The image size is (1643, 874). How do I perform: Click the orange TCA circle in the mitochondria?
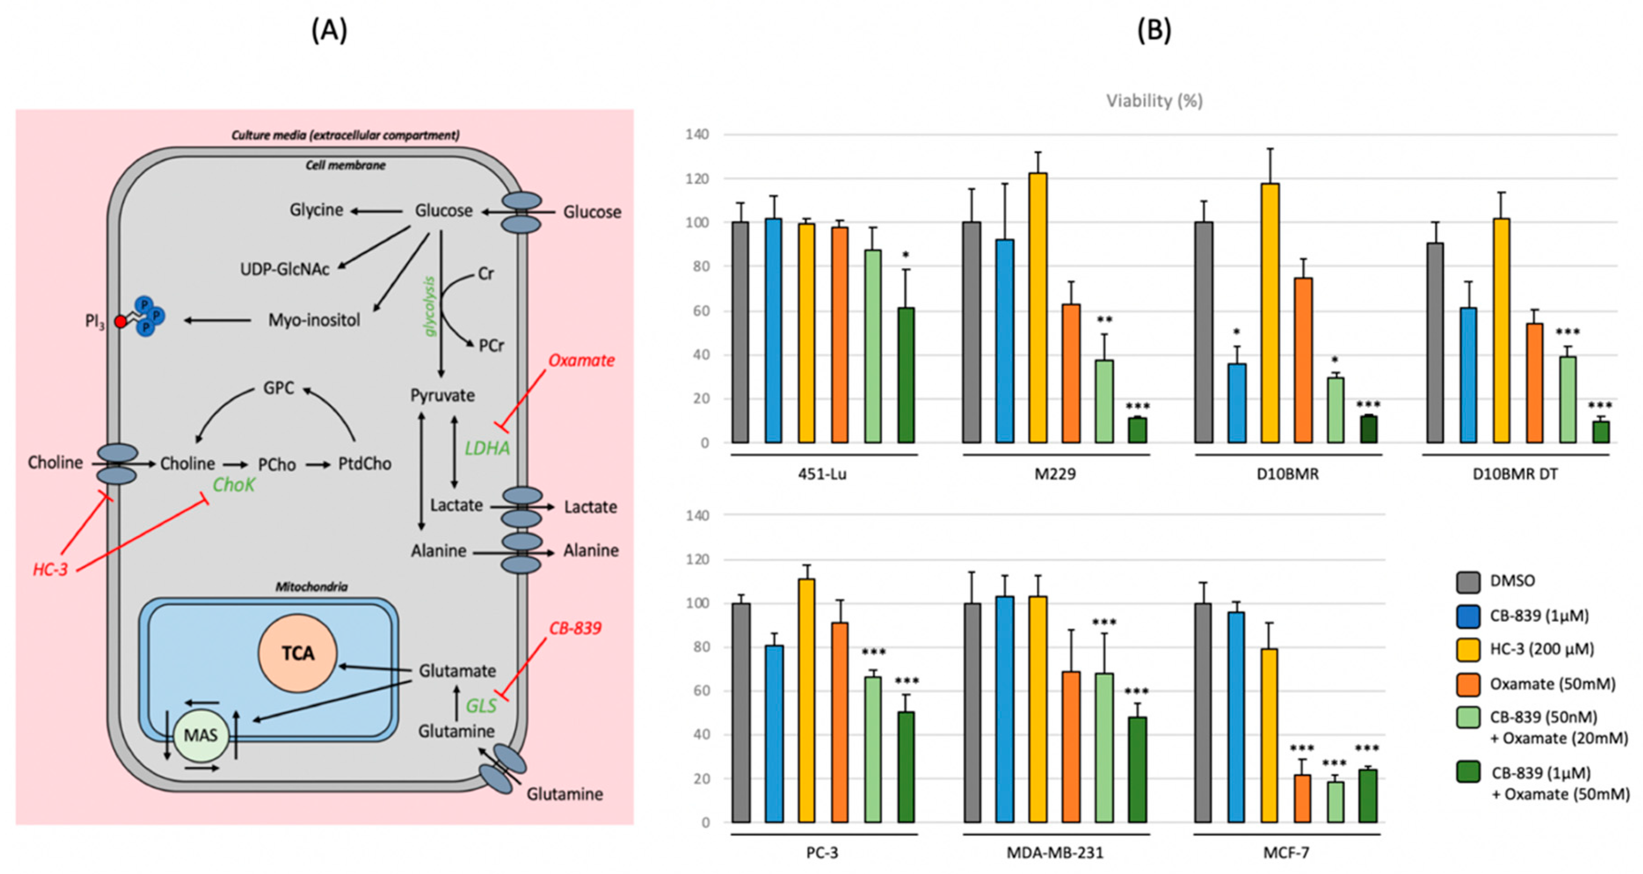[297, 653]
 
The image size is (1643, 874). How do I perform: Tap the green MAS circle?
[200, 736]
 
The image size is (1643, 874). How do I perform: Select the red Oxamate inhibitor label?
[581, 361]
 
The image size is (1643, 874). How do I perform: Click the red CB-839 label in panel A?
[574, 628]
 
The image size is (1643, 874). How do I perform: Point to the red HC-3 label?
[50, 569]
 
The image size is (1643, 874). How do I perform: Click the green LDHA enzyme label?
[487, 448]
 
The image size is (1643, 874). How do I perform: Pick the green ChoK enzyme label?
[234, 486]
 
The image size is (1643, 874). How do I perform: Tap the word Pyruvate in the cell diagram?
[442, 396]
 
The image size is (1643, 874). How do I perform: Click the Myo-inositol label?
[314, 320]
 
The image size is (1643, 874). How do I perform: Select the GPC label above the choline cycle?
[279, 388]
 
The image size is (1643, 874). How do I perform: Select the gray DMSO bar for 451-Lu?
[740, 332]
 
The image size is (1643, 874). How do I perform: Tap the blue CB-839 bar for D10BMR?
[1237, 402]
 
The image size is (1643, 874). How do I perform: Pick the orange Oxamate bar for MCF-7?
[1302, 798]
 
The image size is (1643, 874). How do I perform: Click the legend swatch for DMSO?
[1468, 581]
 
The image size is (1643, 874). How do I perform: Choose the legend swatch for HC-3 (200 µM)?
[1468, 649]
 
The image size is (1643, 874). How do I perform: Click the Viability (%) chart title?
[1154, 101]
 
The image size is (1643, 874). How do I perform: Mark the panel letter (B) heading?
[1154, 30]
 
